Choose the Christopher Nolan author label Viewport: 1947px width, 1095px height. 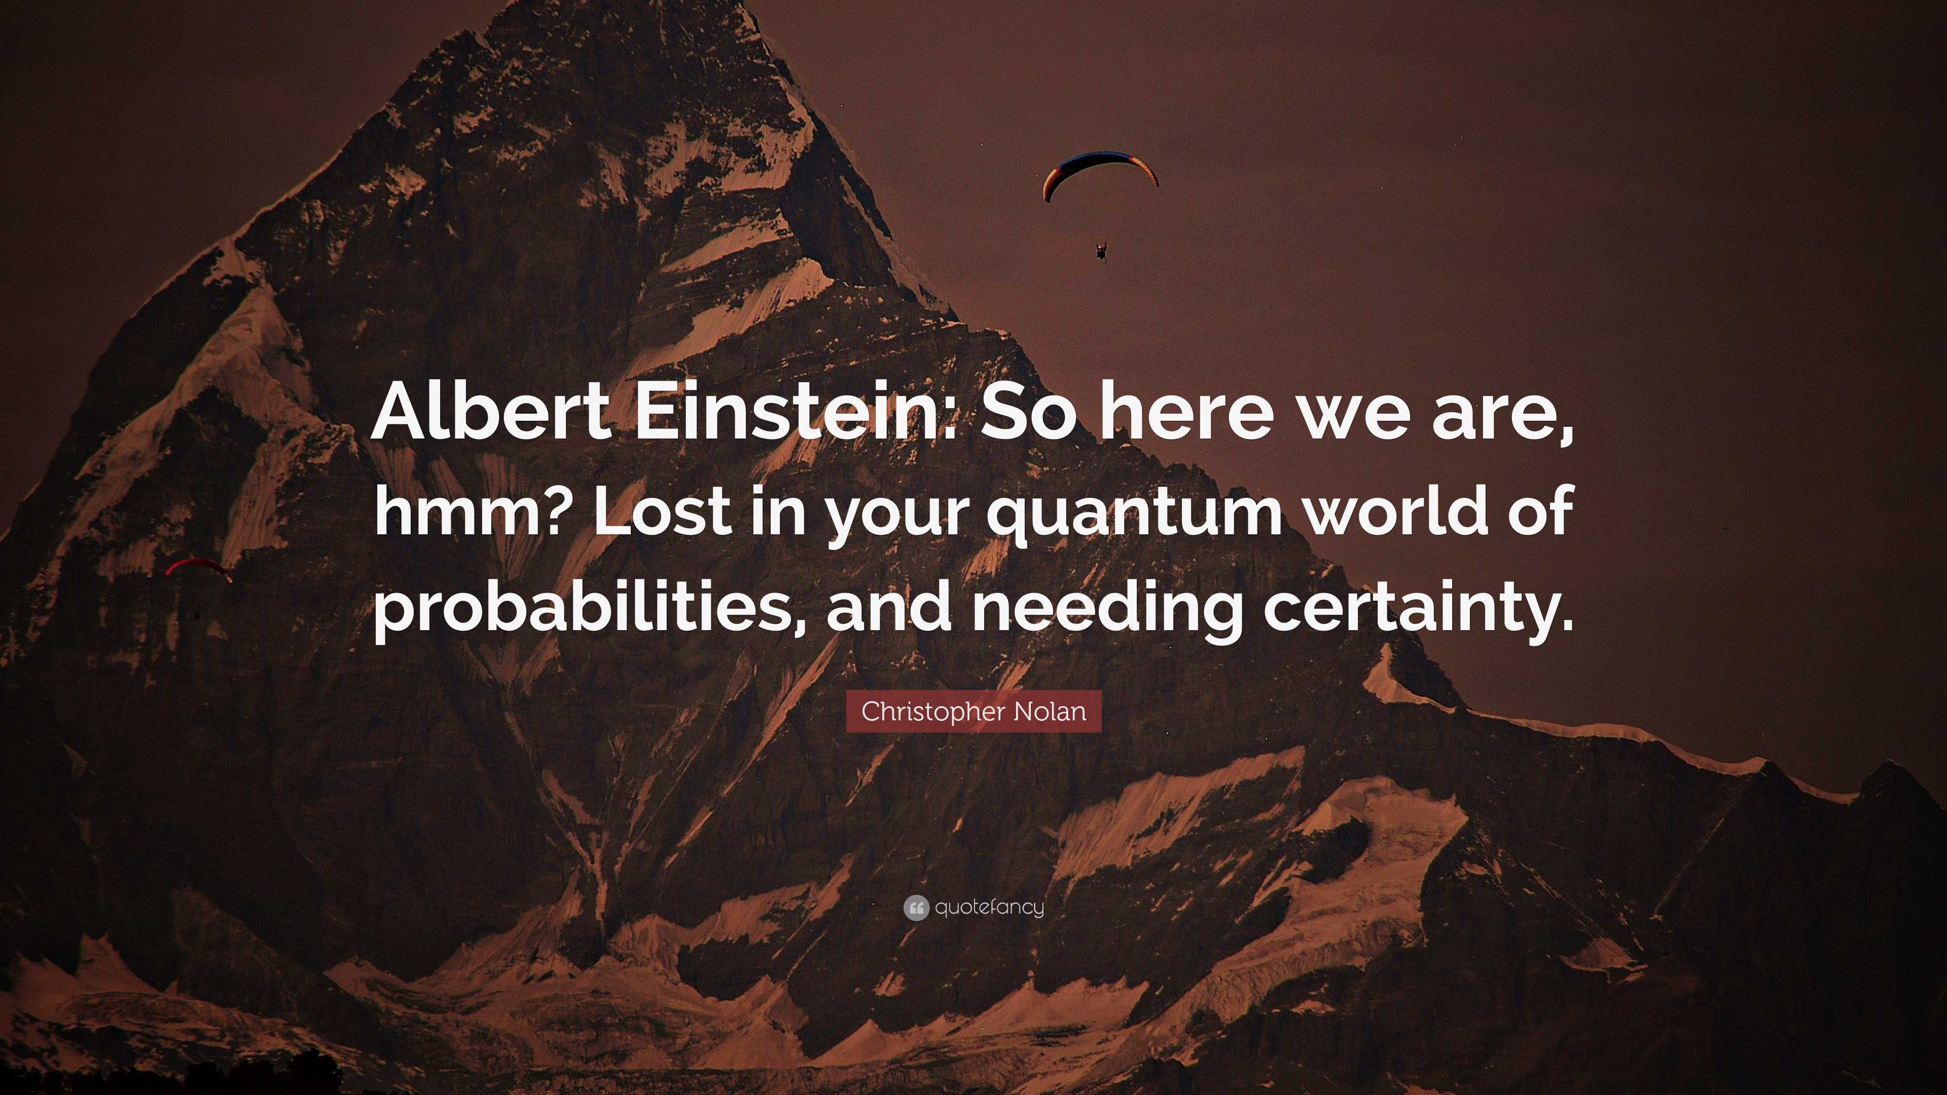click(974, 711)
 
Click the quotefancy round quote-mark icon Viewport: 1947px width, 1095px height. click(915, 907)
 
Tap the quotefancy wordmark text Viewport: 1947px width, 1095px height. click(989, 907)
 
